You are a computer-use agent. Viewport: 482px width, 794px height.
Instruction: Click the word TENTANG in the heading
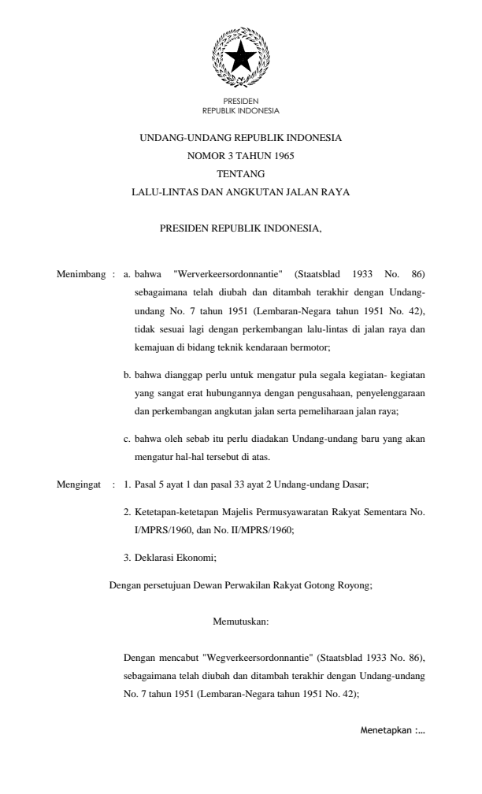pos(240,173)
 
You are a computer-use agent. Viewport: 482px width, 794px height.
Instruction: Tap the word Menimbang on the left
pos(80,274)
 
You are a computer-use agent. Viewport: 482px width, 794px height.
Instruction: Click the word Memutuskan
pos(241,621)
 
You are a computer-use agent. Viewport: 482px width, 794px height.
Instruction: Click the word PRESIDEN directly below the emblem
pos(240,102)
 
